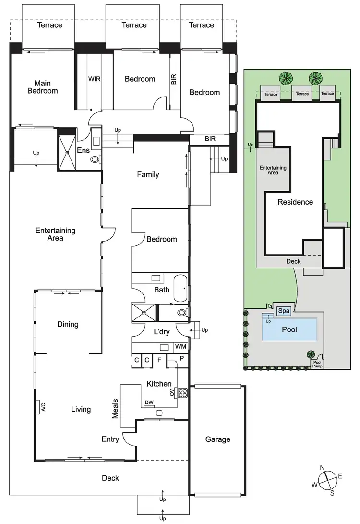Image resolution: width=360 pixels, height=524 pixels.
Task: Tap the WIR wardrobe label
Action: click(94, 79)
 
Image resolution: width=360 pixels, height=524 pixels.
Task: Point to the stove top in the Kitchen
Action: click(182, 393)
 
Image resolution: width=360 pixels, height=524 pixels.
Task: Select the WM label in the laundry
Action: click(180, 346)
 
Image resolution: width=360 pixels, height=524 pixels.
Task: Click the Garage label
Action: click(217, 439)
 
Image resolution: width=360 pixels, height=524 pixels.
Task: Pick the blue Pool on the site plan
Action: click(289, 329)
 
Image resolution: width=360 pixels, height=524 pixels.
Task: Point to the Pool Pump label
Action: click(317, 364)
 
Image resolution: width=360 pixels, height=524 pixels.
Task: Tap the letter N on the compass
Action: click(323, 468)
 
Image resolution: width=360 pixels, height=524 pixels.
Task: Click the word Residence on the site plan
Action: click(295, 202)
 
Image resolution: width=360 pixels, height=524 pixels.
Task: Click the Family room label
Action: click(148, 175)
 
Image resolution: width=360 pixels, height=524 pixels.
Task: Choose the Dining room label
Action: click(68, 324)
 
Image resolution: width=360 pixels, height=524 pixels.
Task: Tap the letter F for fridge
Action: click(159, 359)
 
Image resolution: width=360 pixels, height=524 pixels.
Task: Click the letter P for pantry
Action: click(181, 359)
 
